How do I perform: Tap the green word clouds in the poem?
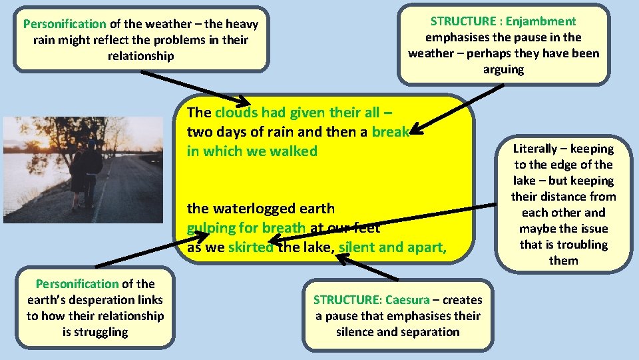(236, 113)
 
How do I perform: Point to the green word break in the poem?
(390, 132)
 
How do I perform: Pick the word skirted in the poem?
(250, 247)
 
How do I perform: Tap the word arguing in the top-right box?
(503, 69)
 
